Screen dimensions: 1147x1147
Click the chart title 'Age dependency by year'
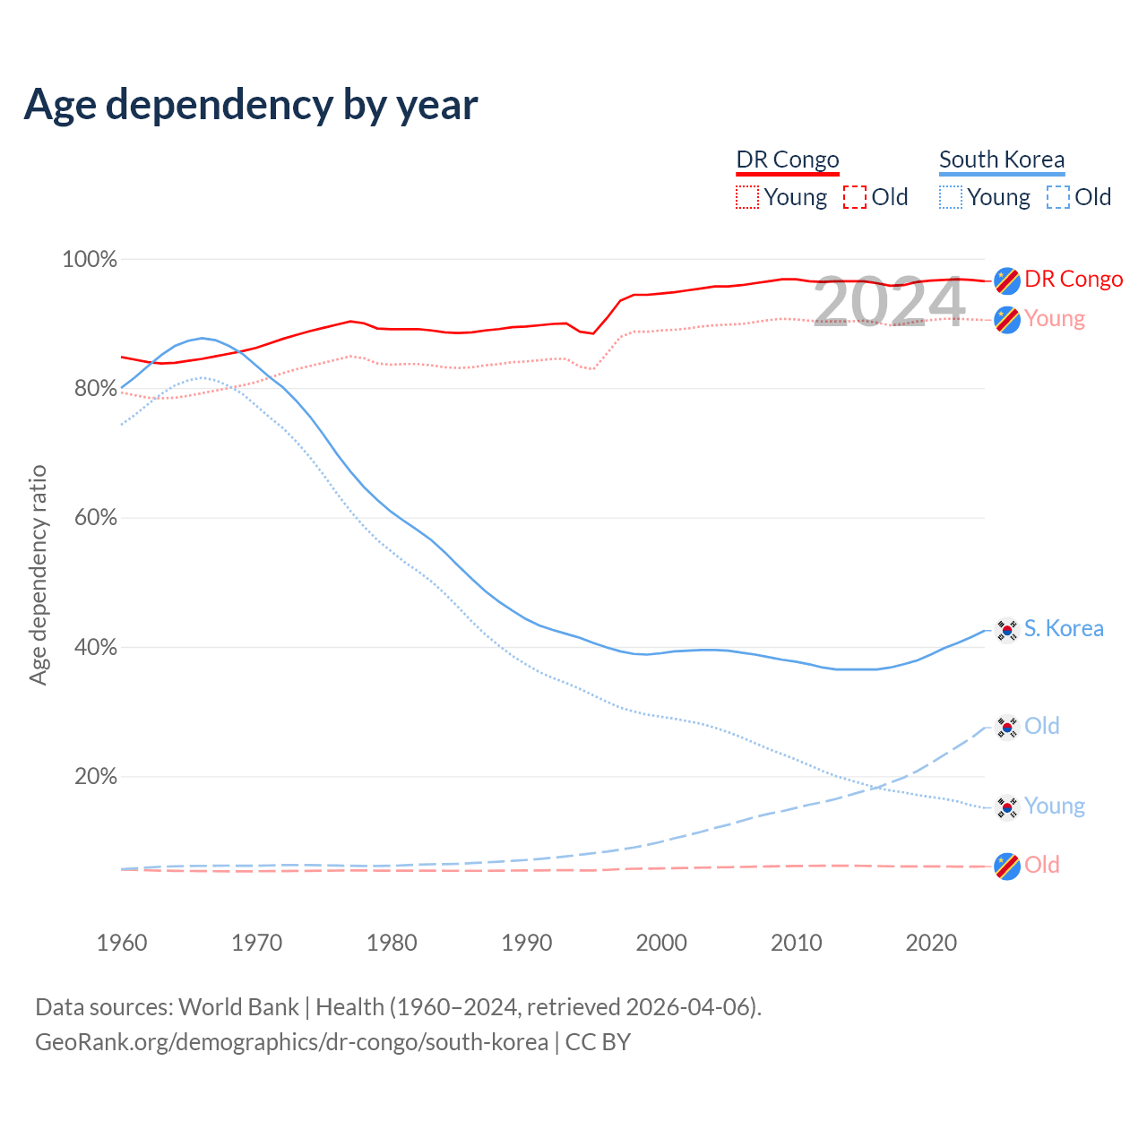click(251, 104)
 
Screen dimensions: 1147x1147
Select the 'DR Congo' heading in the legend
click(788, 160)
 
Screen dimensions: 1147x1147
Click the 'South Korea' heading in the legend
click(1002, 160)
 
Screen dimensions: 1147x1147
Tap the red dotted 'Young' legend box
click(747, 197)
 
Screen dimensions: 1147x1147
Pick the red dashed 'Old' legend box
click(855, 197)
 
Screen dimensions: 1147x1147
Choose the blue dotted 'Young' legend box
click(951, 197)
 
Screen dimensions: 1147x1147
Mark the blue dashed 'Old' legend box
click(1058, 197)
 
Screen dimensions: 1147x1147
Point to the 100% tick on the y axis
click(90, 260)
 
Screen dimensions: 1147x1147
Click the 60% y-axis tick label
click(95, 518)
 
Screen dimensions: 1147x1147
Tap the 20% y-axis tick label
click(95, 777)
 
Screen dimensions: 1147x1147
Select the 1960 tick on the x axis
click(122, 943)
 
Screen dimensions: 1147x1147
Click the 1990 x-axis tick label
click(527, 943)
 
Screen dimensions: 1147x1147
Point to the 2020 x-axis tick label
click(931, 943)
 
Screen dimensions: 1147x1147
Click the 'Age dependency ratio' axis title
click(38, 574)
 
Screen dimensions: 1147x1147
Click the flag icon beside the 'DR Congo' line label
click(1007, 280)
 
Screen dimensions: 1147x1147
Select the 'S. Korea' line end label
click(1064, 628)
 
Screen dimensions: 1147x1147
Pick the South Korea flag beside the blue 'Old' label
click(1007, 727)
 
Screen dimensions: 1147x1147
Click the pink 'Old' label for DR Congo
click(1042, 865)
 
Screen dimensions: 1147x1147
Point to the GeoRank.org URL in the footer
click(291, 1042)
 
